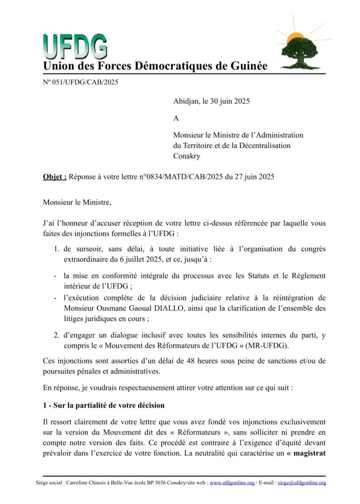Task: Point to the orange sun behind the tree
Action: pos(295,36)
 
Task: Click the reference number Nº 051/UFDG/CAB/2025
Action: pos(81,83)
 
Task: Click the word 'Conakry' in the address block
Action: pos(187,156)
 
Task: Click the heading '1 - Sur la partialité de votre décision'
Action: pos(104,405)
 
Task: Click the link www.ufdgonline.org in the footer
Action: pos(232,483)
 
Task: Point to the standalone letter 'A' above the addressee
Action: pos(176,119)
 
